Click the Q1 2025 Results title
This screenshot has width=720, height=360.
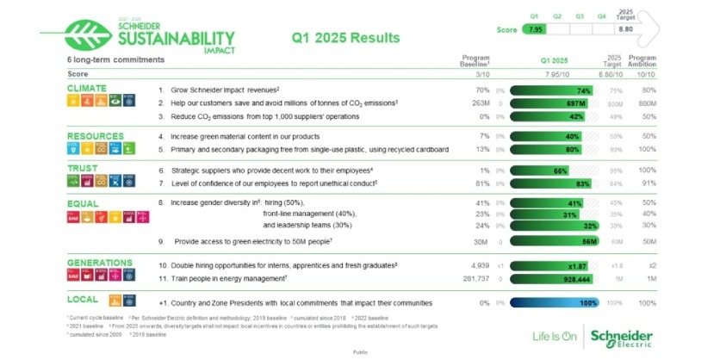click(346, 38)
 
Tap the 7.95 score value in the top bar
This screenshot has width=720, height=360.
click(536, 29)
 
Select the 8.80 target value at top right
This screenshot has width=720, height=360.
click(625, 29)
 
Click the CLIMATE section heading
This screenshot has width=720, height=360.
click(88, 88)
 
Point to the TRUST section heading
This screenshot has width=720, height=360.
click(84, 169)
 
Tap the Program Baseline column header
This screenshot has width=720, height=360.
click(475, 59)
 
